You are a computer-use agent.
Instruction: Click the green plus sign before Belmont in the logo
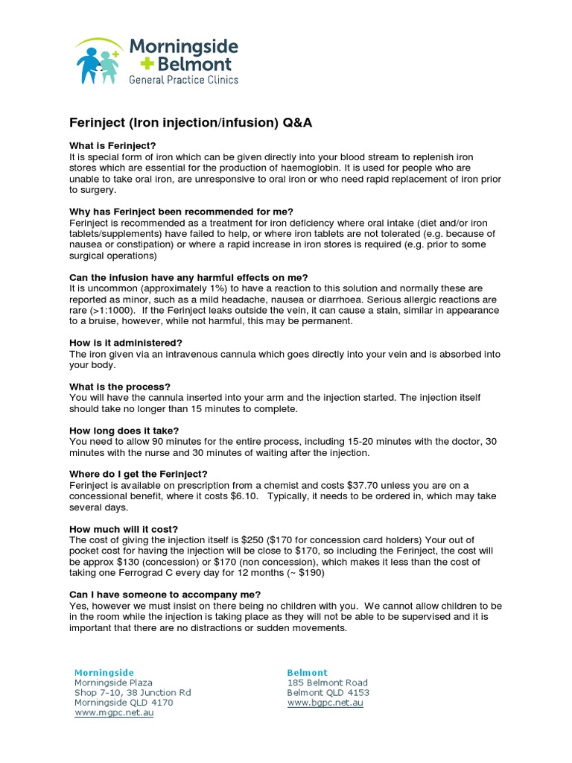[138, 65]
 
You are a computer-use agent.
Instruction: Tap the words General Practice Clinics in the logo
[184, 79]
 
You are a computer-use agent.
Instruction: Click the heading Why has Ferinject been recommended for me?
[181, 212]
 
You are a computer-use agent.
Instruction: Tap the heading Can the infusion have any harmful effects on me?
[188, 277]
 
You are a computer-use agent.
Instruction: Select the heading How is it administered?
[125, 343]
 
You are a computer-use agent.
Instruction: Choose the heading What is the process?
[120, 387]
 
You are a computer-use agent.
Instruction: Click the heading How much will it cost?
[124, 529]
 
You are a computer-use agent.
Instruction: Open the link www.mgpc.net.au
[114, 713]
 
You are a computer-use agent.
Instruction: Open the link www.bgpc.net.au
[325, 703]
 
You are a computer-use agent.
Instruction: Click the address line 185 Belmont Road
[327, 683]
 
